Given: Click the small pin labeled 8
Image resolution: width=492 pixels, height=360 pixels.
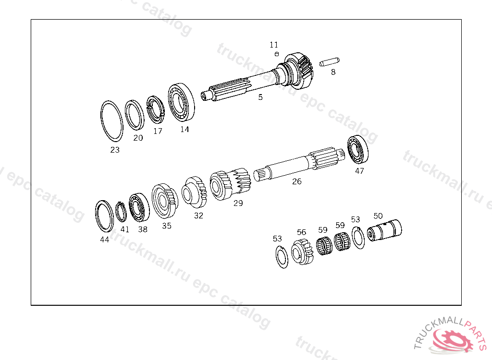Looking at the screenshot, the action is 329,62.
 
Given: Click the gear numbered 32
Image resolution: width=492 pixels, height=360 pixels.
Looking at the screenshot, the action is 194,192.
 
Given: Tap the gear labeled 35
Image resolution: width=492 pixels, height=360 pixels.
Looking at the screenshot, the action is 164,201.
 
